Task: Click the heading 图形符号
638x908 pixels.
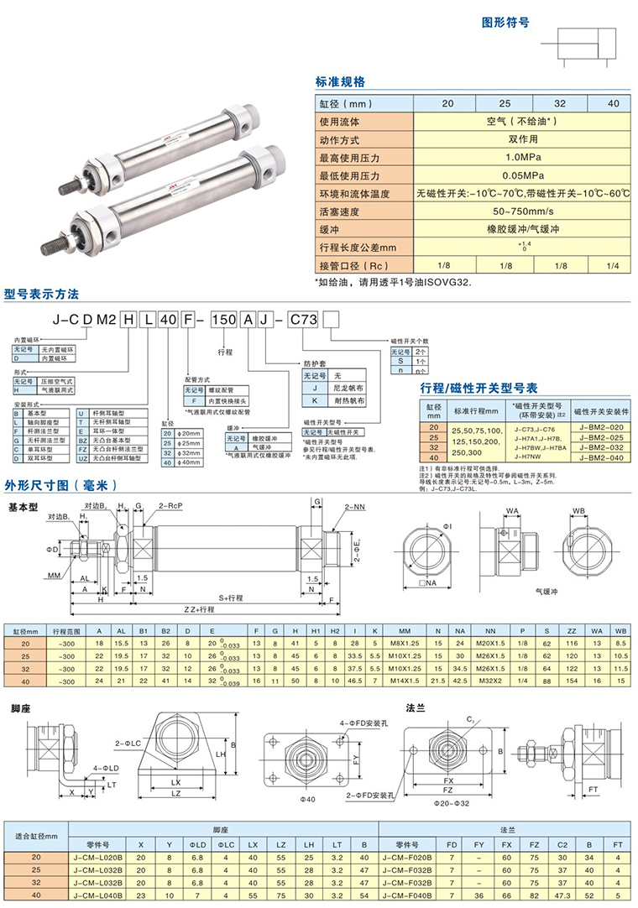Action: [505, 23]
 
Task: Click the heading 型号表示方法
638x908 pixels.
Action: [41, 294]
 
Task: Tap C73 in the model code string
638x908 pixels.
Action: [302, 319]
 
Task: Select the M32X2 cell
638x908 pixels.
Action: [490, 681]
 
